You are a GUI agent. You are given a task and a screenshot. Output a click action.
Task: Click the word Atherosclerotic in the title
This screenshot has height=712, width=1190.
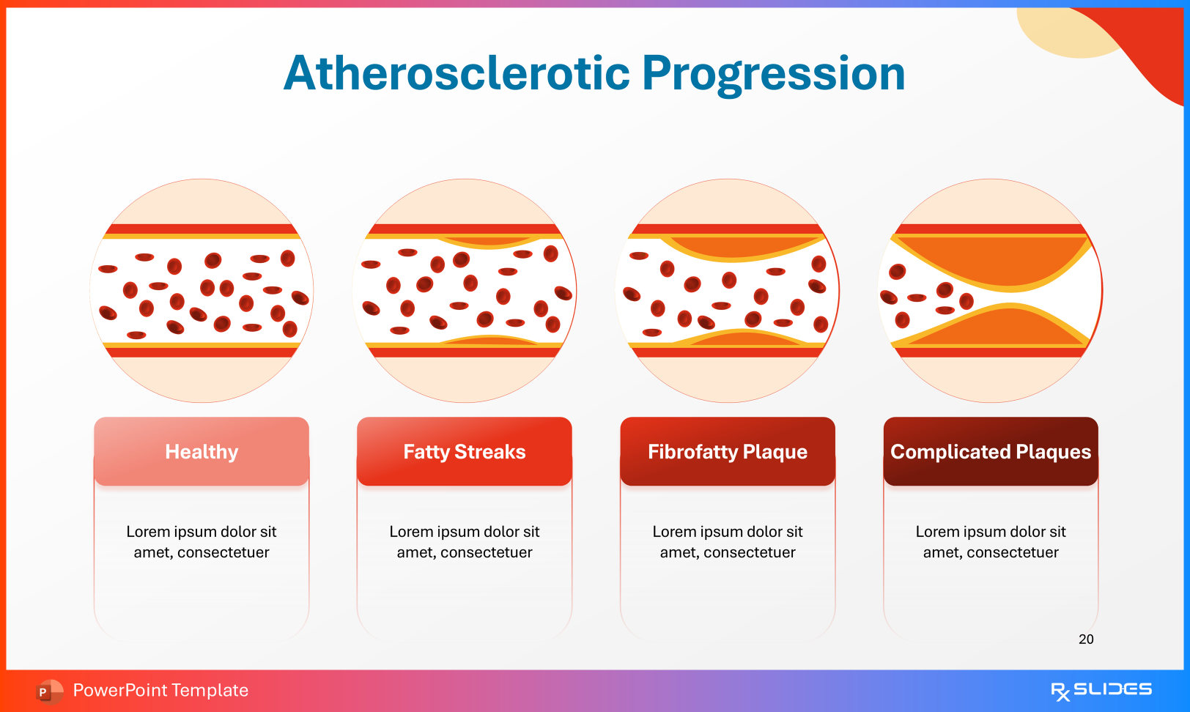457,73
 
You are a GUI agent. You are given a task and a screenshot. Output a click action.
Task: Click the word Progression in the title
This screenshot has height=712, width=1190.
773,73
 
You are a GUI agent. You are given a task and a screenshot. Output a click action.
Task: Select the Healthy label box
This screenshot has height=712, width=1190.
202,451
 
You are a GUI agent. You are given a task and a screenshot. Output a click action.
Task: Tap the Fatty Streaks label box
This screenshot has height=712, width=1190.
465,451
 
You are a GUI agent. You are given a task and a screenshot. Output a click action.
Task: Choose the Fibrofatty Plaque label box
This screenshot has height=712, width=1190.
728,451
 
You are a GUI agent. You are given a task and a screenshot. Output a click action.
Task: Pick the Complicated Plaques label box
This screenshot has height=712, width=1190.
991,451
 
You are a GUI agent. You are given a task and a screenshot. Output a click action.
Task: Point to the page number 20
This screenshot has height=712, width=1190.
1086,639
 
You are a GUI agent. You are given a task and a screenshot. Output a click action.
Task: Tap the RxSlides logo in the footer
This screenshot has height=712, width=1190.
1101,690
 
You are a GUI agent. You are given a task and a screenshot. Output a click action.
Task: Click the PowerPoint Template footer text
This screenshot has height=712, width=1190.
160,690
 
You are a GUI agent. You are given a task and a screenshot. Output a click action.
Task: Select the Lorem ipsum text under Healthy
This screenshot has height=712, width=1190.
202,542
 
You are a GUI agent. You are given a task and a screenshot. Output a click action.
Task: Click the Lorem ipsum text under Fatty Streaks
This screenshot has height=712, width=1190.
465,542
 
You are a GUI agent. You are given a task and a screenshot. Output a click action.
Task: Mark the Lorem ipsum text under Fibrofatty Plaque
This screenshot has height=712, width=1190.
728,542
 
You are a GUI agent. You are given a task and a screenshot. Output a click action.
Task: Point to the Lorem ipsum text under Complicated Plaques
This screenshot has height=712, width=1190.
991,542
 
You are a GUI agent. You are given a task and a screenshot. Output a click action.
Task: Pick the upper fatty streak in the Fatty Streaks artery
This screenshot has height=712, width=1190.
487,241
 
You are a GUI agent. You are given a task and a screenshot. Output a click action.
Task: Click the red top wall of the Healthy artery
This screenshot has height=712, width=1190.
202,229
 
